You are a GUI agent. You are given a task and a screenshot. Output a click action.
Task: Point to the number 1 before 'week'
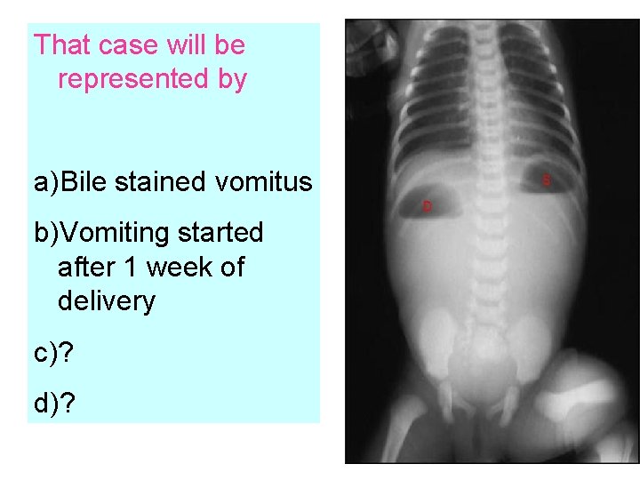click(138, 267)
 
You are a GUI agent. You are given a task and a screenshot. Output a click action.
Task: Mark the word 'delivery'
click(106, 301)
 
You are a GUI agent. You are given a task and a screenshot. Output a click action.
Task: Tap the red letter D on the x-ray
click(427, 206)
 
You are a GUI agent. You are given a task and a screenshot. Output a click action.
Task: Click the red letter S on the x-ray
click(546, 180)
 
